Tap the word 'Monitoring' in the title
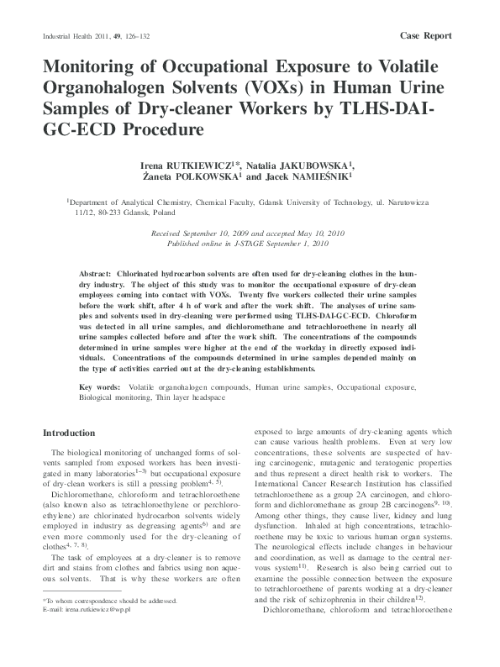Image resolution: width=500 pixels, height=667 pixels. (x=100, y=67)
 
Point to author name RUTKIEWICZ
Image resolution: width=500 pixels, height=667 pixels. (x=202, y=165)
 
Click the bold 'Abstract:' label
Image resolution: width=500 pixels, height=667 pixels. (x=95, y=275)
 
